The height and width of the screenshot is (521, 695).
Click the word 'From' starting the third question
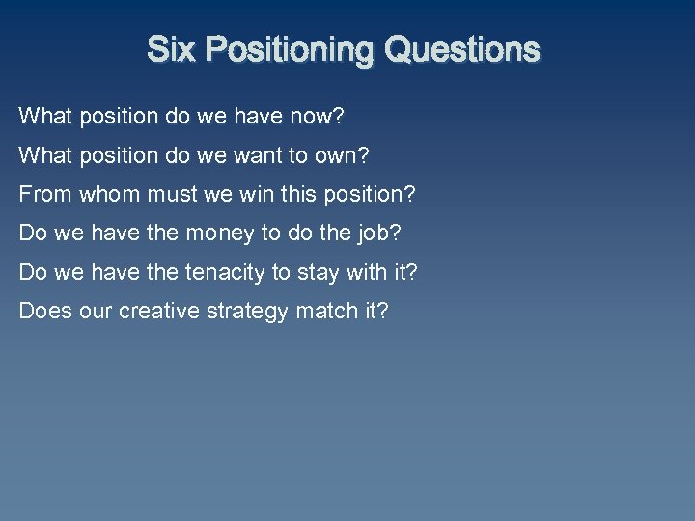(x=44, y=194)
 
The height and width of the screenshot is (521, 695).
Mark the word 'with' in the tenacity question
(x=367, y=272)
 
